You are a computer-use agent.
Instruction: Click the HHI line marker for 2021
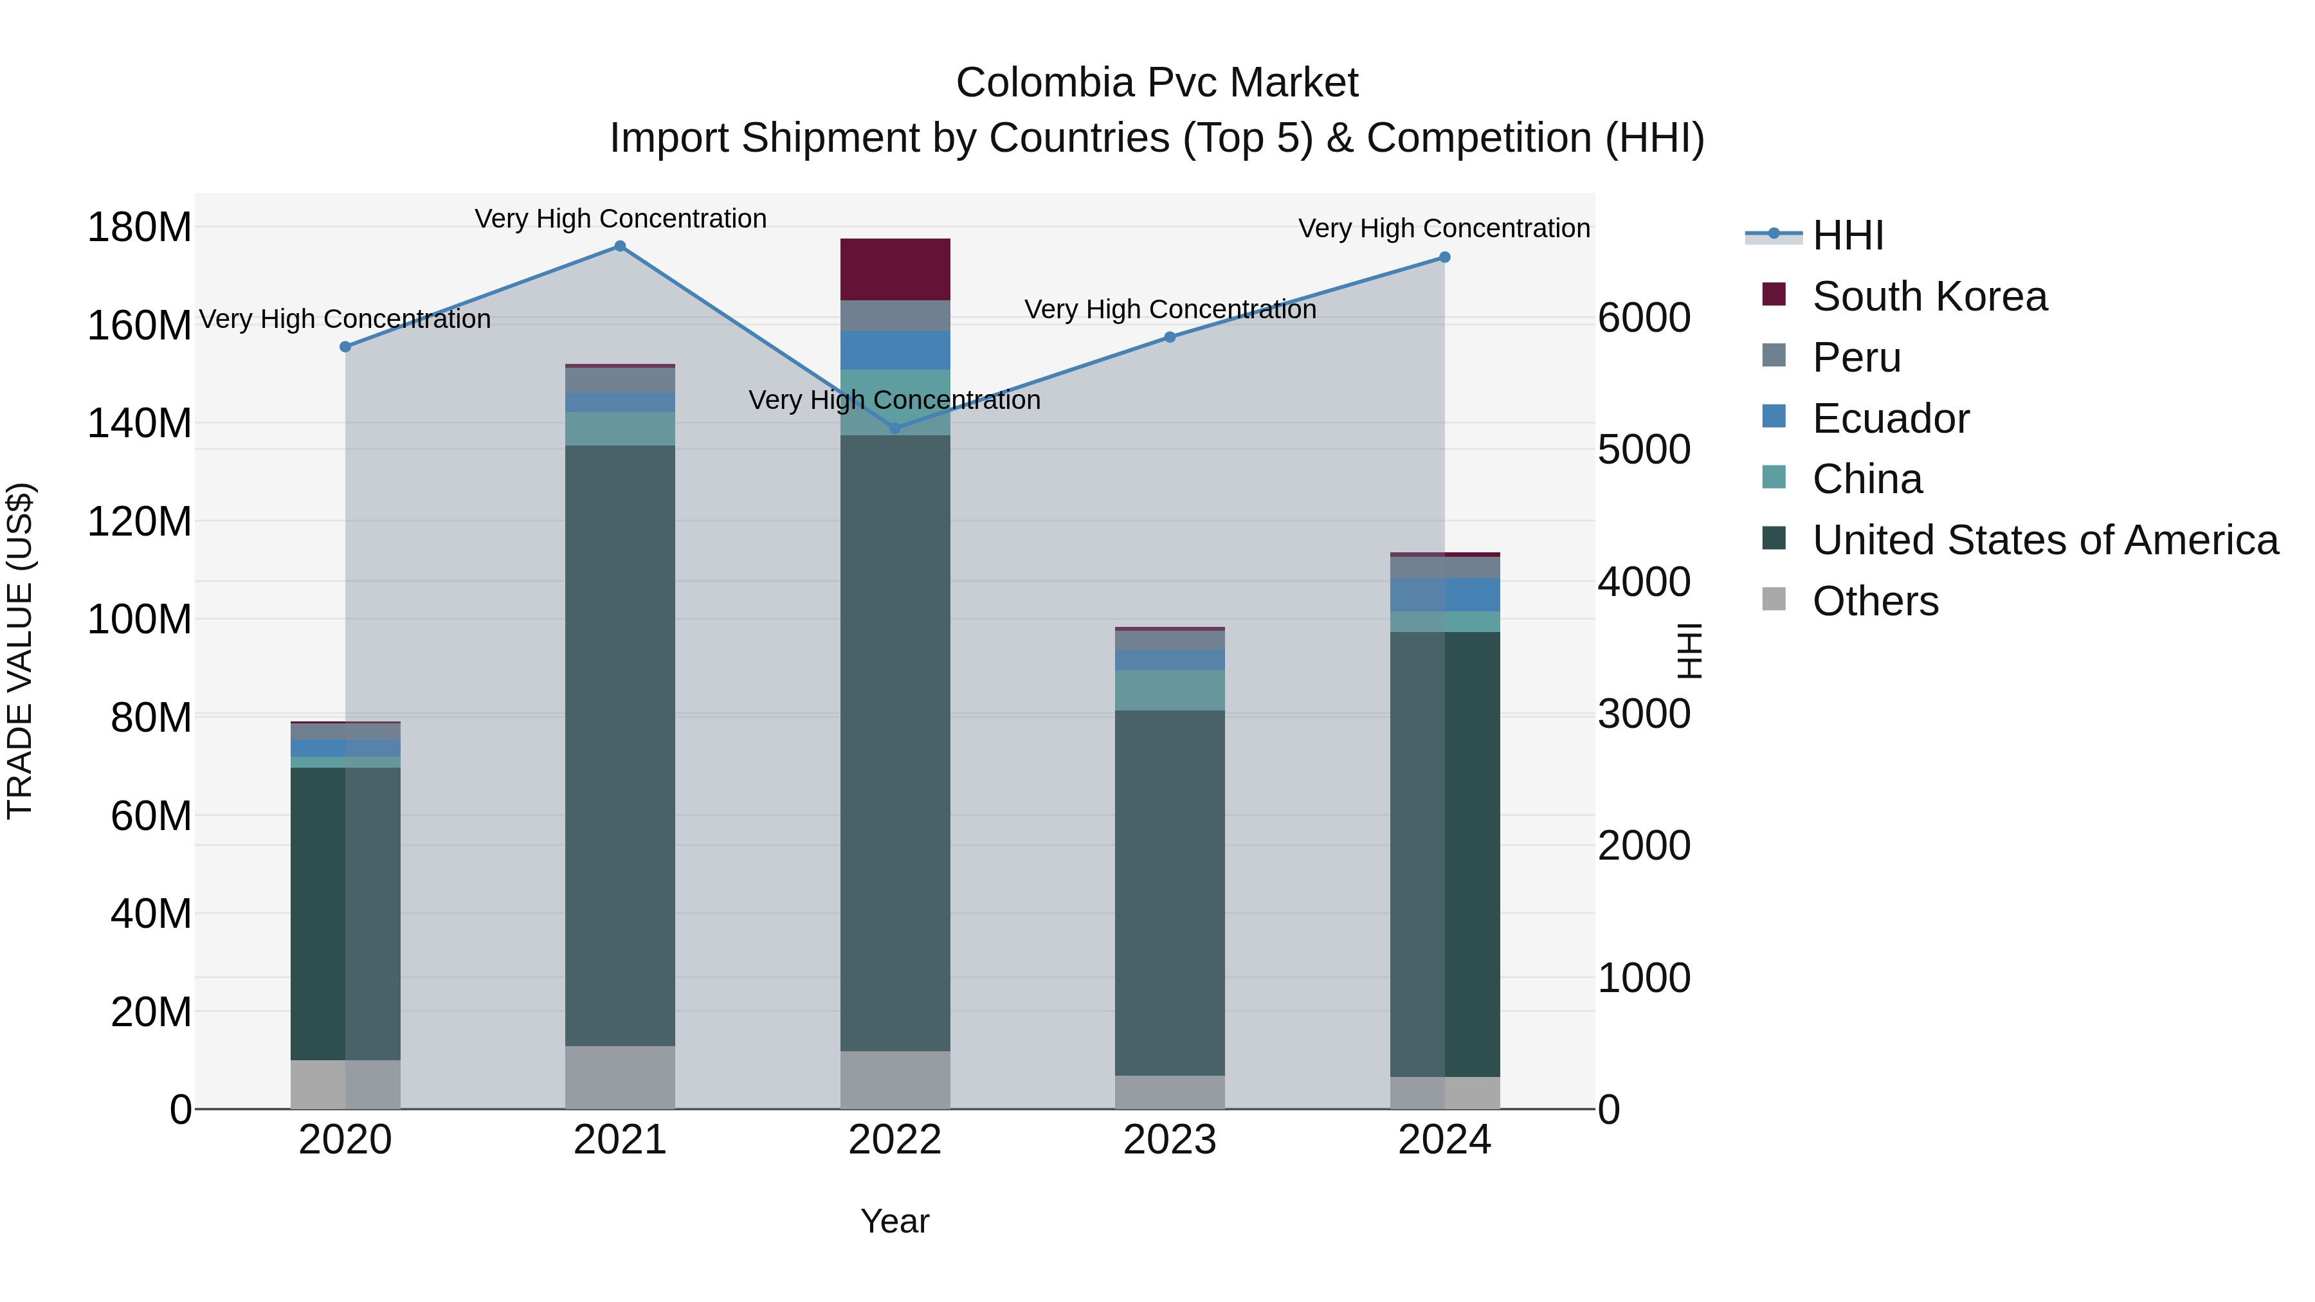(x=620, y=246)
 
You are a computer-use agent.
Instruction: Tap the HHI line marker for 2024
(x=1444, y=258)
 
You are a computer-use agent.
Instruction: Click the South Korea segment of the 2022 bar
(x=895, y=269)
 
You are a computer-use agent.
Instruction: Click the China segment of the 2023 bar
(x=1169, y=690)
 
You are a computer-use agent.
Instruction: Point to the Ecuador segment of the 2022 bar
(x=895, y=350)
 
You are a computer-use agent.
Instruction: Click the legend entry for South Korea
(x=1929, y=296)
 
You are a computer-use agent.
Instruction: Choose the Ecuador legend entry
(x=1890, y=419)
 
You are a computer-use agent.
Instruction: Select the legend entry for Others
(x=1875, y=601)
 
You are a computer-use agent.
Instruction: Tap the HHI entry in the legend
(x=1847, y=235)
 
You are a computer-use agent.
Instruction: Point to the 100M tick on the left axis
(x=140, y=620)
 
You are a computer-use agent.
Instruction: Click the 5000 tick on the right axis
(x=1644, y=450)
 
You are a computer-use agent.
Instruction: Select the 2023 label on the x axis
(x=1169, y=1140)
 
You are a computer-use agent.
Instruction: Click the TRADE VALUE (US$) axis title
(x=20, y=651)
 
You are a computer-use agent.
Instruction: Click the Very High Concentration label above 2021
(x=620, y=219)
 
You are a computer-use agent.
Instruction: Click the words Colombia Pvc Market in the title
(x=1157, y=83)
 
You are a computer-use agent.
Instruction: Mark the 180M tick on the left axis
(x=140, y=228)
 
